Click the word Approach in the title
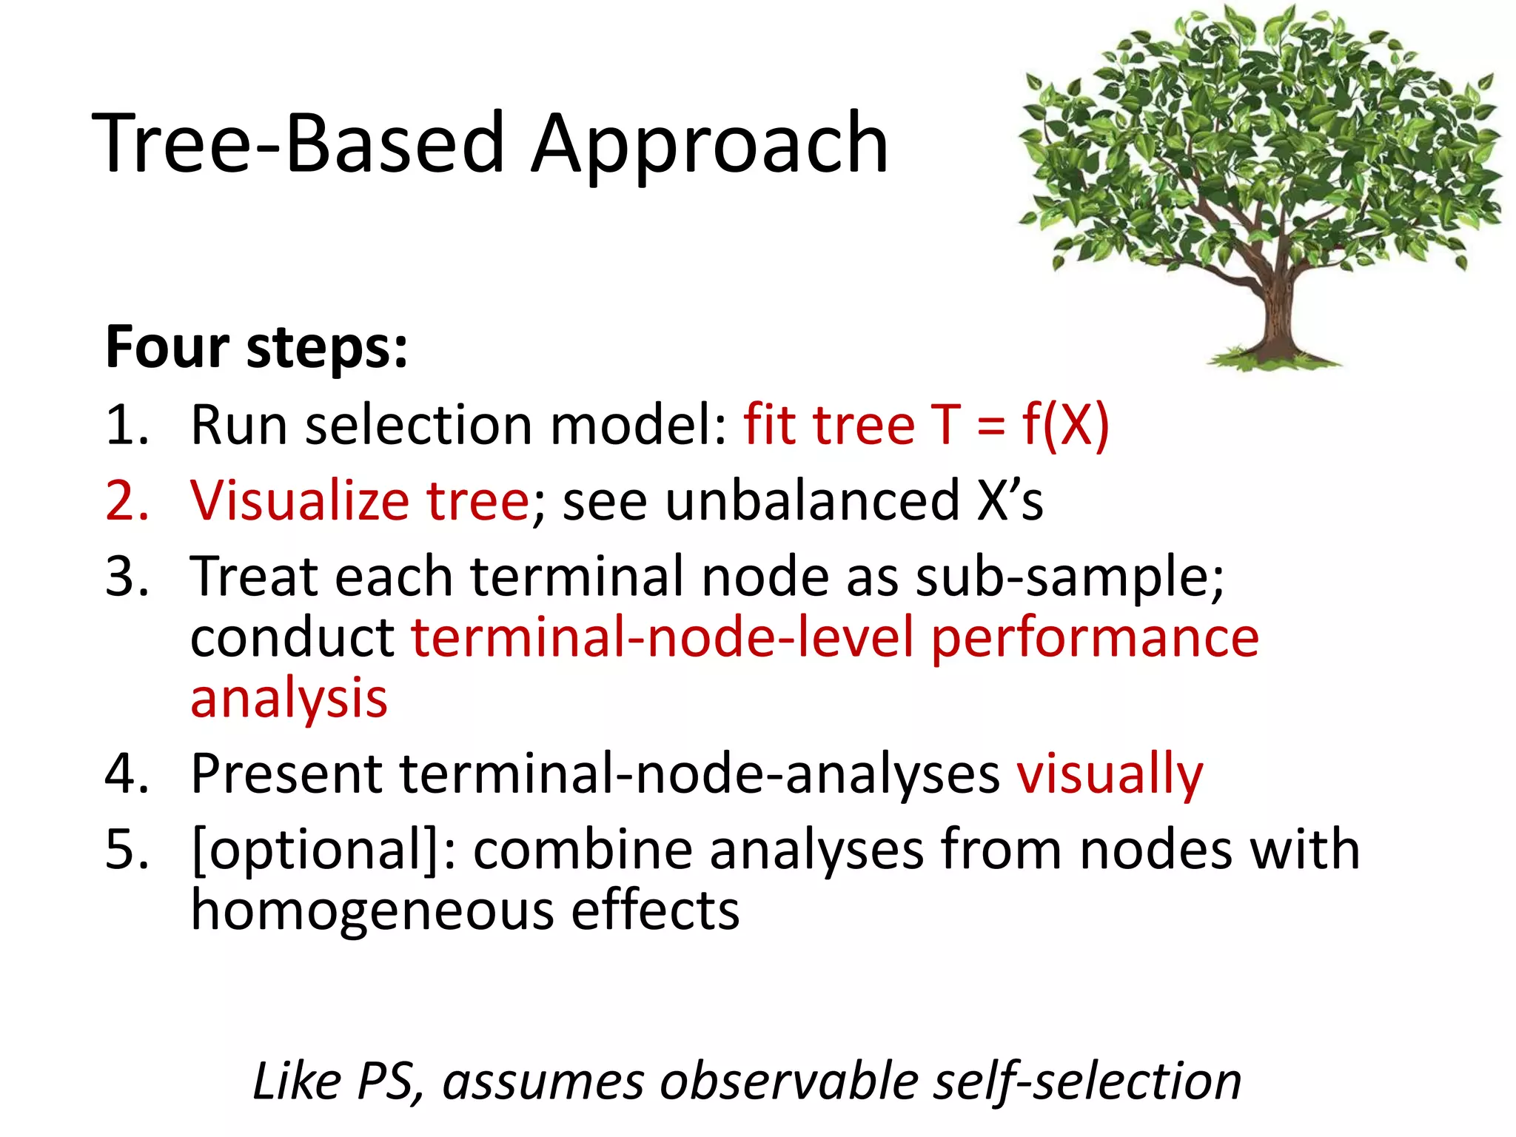tap(709, 144)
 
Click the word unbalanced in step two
tap(811, 501)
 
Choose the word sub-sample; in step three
tap(1070, 577)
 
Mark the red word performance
tap(1094, 638)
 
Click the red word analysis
tap(289, 700)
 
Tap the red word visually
tap(1110, 775)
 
